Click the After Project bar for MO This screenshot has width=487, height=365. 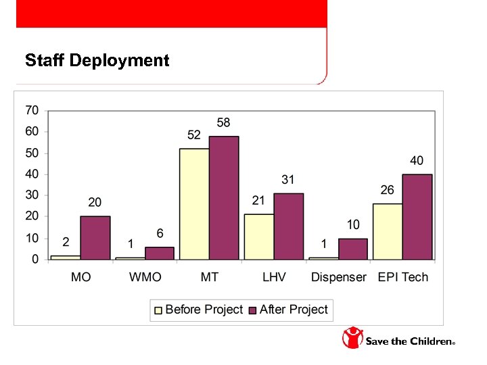point(95,238)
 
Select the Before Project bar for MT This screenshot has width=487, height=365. point(193,204)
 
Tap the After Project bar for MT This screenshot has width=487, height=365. point(223,198)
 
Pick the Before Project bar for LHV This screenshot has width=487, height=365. point(258,237)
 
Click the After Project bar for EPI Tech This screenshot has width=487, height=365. point(417,217)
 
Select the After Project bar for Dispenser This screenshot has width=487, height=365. point(352,249)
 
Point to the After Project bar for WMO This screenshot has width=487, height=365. point(159,253)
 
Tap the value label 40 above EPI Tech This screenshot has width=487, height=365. point(417,161)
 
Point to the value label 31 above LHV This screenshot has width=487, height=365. point(288,180)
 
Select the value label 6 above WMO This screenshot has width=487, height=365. point(160,233)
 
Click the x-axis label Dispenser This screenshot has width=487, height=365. point(338,277)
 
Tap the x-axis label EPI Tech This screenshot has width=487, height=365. point(402,277)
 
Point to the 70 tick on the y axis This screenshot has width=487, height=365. point(32,110)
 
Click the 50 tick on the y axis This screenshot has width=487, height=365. point(32,153)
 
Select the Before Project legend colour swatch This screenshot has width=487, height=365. point(159,310)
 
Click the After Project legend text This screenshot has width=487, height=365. point(294,310)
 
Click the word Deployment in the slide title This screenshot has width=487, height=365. point(119,61)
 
